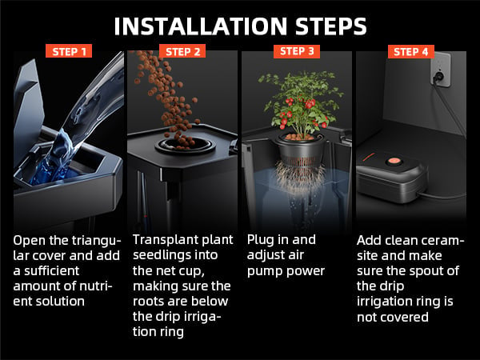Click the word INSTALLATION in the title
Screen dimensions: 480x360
[x=201, y=26]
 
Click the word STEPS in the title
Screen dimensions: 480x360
[x=331, y=26]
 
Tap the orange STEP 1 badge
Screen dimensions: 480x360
[x=69, y=51]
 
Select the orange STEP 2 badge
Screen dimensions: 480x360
[x=182, y=51]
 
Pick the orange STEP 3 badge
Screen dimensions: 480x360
[x=297, y=51]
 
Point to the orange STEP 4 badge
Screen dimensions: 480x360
[x=411, y=51]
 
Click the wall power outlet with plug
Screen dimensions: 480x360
[x=441, y=70]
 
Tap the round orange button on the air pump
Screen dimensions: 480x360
[x=393, y=160]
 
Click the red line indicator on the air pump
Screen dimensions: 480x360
[x=369, y=157]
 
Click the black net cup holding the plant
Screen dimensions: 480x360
[x=300, y=149]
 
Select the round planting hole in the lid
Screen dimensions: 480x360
[x=186, y=145]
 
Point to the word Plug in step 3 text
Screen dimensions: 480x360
[x=260, y=240]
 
